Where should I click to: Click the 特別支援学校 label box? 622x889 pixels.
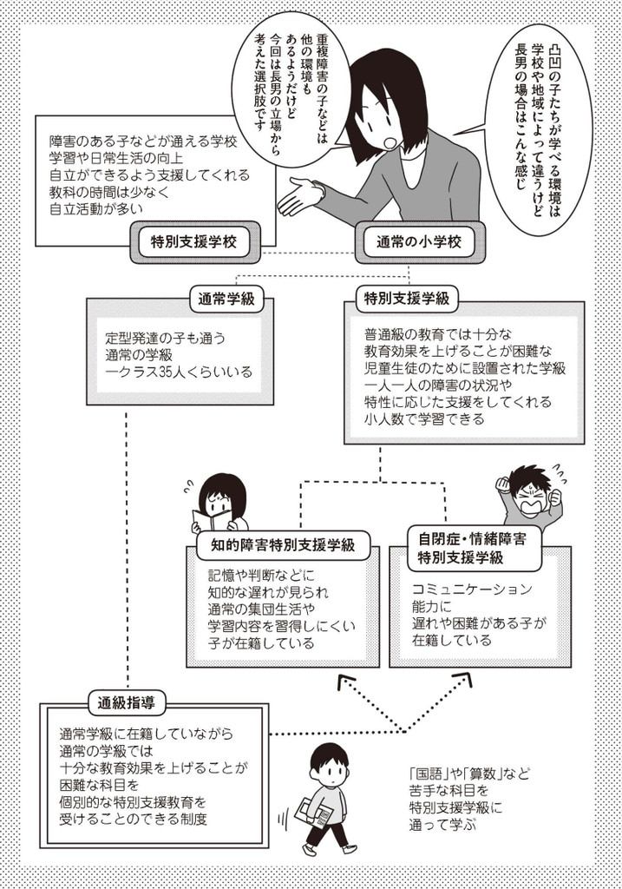[195, 242]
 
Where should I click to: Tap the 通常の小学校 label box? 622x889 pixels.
[421, 242]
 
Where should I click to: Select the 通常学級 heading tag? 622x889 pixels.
[226, 300]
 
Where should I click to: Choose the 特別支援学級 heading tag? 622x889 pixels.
[407, 299]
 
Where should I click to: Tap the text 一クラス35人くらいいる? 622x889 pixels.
[179, 372]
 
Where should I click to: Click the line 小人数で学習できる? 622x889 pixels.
[425, 419]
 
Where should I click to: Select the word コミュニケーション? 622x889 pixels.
[473, 589]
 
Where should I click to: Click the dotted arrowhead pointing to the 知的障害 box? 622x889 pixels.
[346, 682]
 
